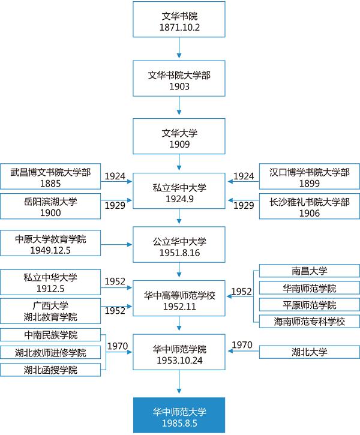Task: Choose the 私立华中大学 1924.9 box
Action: point(179,192)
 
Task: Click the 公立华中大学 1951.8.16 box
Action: point(179,245)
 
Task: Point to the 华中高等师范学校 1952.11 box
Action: point(179,299)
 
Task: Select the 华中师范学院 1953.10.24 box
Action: point(179,353)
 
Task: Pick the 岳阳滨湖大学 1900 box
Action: point(51,206)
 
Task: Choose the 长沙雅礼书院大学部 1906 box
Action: point(310,206)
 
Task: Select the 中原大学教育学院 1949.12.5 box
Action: point(51,244)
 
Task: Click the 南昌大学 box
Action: point(310,271)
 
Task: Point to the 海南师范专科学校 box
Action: point(310,321)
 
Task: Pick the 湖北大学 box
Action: point(310,352)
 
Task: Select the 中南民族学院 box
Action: point(51,335)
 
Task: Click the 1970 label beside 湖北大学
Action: point(242,345)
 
